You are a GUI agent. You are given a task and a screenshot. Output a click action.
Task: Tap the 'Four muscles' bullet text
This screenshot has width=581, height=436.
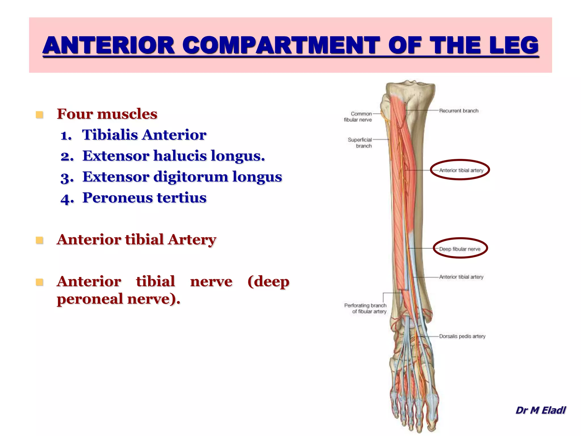point(107,114)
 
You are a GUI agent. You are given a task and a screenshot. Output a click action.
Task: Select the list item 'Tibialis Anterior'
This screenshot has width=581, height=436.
point(144,135)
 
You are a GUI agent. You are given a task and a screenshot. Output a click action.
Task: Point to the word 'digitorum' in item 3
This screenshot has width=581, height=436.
point(191,177)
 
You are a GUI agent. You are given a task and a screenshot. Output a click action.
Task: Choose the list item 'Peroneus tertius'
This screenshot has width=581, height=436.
point(144,198)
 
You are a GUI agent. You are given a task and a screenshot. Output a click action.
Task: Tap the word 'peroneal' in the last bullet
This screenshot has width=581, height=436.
point(90,299)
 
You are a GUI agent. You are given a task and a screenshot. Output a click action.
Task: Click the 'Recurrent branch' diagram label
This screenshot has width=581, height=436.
point(459,111)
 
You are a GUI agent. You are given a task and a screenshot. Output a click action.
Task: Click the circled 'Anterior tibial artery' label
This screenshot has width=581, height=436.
point(461,170)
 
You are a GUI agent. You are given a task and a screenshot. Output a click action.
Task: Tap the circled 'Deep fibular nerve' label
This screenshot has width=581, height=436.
point(460,249)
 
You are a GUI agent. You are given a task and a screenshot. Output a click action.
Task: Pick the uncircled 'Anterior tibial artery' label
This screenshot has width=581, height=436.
point(461,277)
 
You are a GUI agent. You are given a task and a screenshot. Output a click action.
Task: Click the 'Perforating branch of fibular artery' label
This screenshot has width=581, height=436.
point(366,308)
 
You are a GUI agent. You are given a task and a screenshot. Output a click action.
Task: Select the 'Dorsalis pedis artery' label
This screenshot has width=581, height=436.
point(462,336)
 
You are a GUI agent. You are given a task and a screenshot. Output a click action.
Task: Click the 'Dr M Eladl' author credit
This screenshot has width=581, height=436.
point(540,410)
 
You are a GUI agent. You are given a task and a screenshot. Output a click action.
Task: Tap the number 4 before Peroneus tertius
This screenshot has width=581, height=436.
point(67,199)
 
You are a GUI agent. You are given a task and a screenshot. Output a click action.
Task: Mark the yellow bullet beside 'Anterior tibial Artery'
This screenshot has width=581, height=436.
point(39,240)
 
